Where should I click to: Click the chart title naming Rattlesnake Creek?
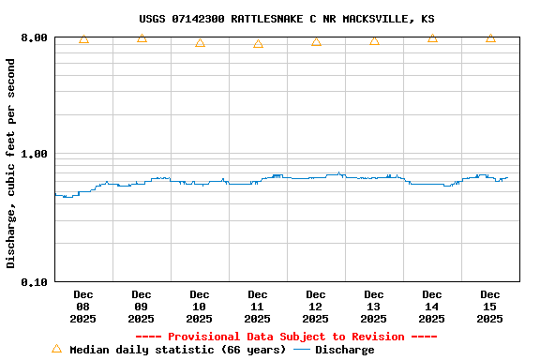(286, 19)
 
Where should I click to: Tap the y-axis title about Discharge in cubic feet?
(11, 163)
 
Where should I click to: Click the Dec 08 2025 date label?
(83, 307)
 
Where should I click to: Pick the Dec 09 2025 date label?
(142, 307)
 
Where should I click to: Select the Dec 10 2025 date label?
(200, 307)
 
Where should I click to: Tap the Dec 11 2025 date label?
(258, 307)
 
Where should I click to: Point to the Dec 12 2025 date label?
(316, 307)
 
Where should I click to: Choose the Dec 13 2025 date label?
(374, 307)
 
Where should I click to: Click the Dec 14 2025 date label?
(432, 307)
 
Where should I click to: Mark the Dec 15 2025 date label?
(490, 307)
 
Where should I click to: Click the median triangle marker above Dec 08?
(83, 38)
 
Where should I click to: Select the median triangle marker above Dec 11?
(258, 44)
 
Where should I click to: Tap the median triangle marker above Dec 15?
(490, 38)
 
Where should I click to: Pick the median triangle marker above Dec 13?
(374, 40)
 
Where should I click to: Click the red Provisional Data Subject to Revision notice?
(286, 337)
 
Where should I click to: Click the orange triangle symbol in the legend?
(56, 349)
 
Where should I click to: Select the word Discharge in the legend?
(344, 350)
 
